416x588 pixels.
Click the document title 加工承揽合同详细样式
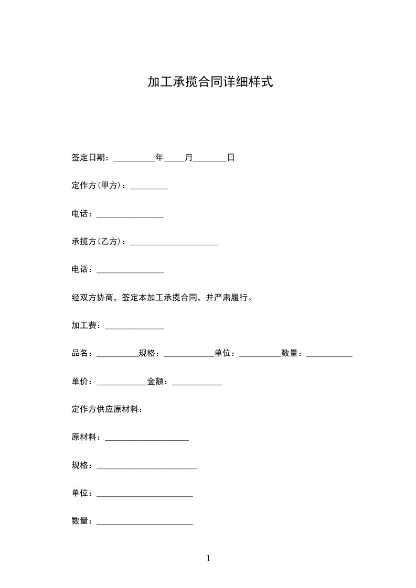click(210, 82)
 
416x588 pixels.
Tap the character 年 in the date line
click(159, 157)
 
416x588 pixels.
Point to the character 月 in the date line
click(189, 157)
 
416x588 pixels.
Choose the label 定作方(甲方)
click(97, 186)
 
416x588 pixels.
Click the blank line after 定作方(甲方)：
click(149, 188)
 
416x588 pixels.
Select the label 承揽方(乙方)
click(97, 242)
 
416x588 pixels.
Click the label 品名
click(80, 354)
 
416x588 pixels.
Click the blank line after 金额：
click(197, 384)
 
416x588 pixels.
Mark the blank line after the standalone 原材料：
click(147, 440)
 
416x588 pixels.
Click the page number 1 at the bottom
click(208, 558)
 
